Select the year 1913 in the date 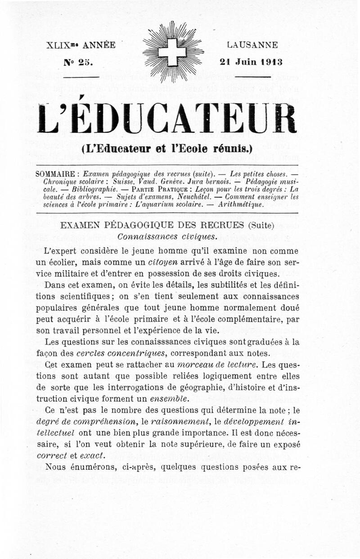pyautogui.click(x=271, y=62)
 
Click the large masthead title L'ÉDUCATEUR pyautogui.click(x=167, y=118)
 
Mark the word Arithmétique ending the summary pyautogui.click(x=241, y=204)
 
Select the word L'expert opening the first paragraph pyautogui.click(x=59, y=250)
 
